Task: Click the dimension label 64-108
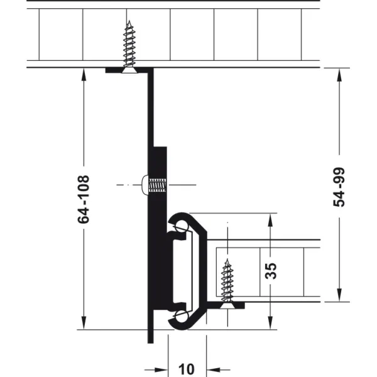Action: tap(84, 199)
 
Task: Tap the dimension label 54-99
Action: tap(339, 187)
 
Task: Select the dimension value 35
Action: tap(270, 271)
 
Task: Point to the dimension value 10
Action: tap(187, 369)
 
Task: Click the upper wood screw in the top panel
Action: tap(129, 46)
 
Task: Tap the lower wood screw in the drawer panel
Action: tap(227, 283)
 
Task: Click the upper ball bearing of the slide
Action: tap(181, 227)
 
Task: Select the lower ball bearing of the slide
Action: tap(181, 315)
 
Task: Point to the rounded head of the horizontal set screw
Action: tap(145, 185)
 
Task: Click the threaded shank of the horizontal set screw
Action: tap(158, 185)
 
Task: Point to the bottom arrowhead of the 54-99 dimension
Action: tap(339, 295)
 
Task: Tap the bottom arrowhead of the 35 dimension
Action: tap(270, 322)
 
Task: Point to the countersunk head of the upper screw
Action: tap(129, 70)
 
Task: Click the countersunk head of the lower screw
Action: tap(227, 305)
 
